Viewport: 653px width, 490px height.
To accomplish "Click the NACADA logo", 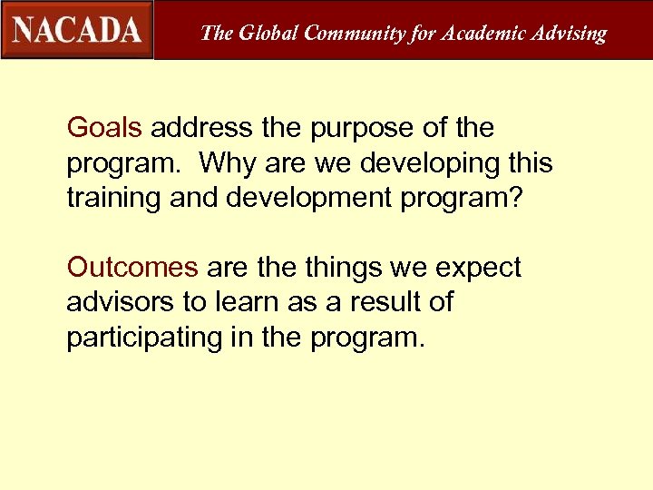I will coord(77,30).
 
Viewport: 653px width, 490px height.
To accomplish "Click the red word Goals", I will coord(104,128).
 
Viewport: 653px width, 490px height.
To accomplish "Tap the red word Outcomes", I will coord(132,268).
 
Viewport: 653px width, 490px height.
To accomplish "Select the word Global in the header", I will coord(268,34).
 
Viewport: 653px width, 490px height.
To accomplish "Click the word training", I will coord(113,199).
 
